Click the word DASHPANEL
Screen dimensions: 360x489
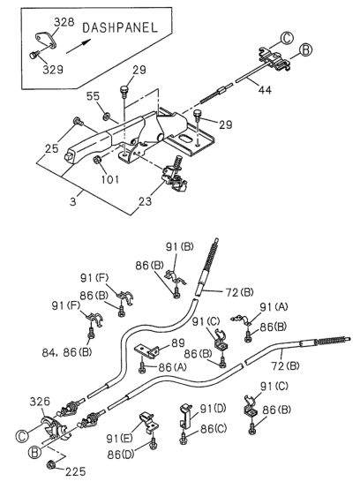tap(120, 27)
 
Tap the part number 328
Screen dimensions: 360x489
tap(64, 22)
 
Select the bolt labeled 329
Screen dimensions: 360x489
tap(33, 56)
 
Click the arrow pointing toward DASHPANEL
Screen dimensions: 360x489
tap(79, 46)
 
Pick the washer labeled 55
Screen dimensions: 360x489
tap(106, 117)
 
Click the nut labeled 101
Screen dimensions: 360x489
tap(96, 160)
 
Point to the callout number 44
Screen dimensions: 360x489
tap(265, 90)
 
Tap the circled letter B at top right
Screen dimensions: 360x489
tap(306, 50)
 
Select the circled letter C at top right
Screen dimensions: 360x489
tap(287, 38)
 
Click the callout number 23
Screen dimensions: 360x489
tap(146, 201)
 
